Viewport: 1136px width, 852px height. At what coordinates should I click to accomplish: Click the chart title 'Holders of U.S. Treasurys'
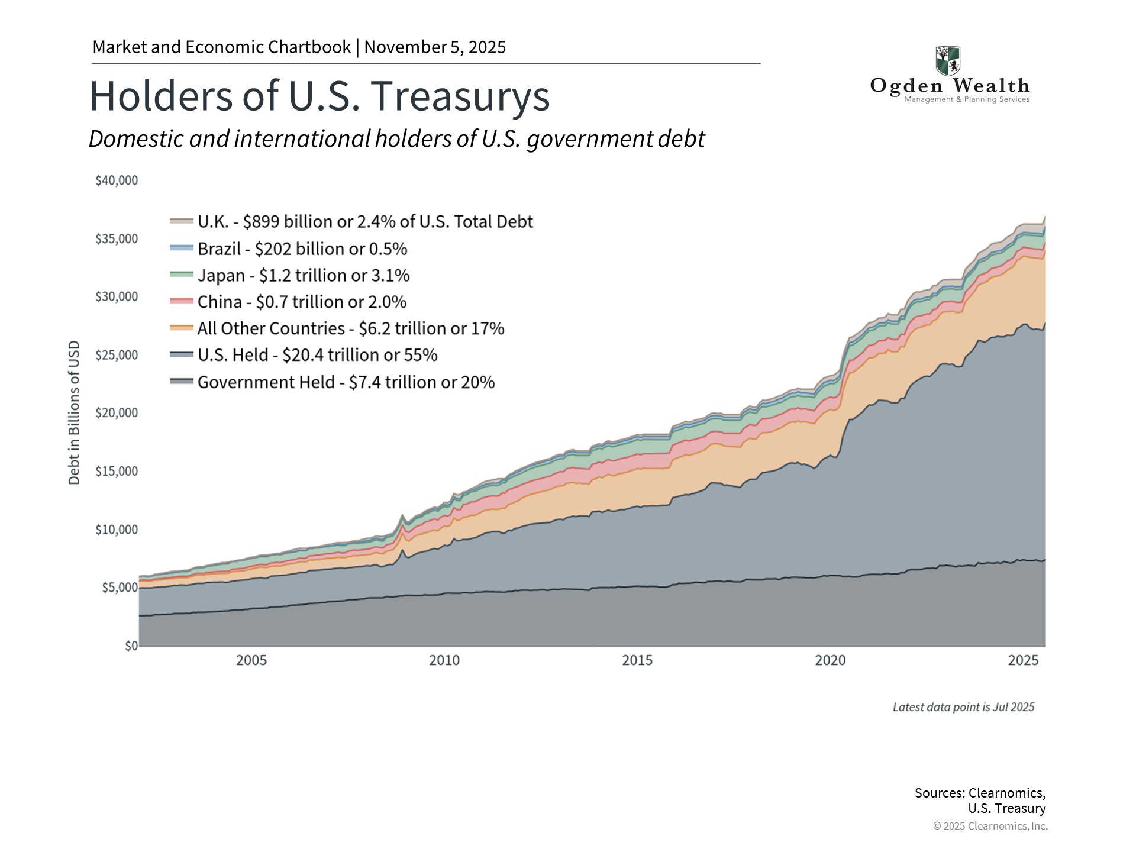click(319, 96)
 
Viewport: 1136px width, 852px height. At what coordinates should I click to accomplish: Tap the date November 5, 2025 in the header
click(435, 47)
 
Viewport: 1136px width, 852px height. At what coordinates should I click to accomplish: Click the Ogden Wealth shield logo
click(947, 60)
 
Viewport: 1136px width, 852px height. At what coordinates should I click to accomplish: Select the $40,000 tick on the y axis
click(117, 180)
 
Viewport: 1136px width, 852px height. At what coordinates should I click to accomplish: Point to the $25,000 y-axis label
click(117, 355)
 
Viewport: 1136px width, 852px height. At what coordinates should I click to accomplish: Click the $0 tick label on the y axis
click(131, 646)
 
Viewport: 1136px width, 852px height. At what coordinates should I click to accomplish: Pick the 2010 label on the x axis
click(444, 660)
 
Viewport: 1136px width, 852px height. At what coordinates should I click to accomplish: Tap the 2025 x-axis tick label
click(1023, 660)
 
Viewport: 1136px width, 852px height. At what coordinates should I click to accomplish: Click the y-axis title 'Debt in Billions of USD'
click(74, 412)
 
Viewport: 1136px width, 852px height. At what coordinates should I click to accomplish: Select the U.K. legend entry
click(364, 221)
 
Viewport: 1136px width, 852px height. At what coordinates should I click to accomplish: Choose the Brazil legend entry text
click(302, 248)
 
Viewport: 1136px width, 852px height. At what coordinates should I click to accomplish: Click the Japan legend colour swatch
click(182, 275)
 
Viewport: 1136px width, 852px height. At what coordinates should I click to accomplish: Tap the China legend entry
click(302, 302)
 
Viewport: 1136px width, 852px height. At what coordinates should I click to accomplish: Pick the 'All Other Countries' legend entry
click(350, 328)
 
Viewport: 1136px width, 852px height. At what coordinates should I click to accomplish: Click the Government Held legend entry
click(346, 382)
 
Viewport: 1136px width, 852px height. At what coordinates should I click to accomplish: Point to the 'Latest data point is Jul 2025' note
click(963, 707)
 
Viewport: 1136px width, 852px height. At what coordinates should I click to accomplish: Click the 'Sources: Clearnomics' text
click(979, 793)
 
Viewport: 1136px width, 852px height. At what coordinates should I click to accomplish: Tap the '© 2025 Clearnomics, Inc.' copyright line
click(990, 826)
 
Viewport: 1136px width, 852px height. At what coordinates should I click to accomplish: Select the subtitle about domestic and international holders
click(396, 139)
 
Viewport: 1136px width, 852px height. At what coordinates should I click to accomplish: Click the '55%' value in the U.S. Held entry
click(421, 355)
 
